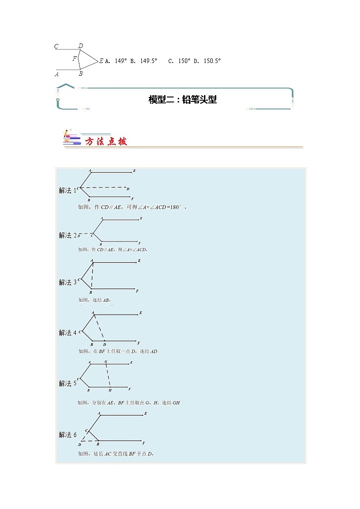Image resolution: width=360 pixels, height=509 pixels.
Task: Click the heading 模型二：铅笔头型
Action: pos(182,100)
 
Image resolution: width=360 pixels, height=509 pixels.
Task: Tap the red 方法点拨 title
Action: pos(106,141)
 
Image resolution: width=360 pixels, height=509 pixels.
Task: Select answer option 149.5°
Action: pos(144,61)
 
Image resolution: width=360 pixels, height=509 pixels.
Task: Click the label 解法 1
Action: pos(68,191)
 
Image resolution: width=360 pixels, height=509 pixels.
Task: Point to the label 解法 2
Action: pos(68,235)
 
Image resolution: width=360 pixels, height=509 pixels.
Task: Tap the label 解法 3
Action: pos(68,282)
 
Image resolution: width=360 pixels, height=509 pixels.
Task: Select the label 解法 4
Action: pos(68,333)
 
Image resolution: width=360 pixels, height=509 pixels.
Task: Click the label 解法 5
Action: pos(68,383)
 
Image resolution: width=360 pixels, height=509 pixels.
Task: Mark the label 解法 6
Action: pos(68,435)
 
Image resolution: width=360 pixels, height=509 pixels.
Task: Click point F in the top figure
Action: pos(75,58)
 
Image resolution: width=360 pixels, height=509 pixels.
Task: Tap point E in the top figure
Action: pos(101,61)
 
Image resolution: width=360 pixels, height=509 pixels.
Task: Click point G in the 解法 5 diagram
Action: pos(106,362)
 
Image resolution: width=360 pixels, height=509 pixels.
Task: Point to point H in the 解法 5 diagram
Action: pos(110,390)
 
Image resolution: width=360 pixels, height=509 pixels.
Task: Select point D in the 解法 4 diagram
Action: pos(104,344)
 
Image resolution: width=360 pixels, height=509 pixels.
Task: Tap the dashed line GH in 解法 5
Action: pos(107,376)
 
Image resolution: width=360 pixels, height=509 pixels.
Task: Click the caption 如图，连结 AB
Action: pos(94,300)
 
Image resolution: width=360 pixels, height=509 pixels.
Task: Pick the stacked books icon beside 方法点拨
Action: pos(71,138)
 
